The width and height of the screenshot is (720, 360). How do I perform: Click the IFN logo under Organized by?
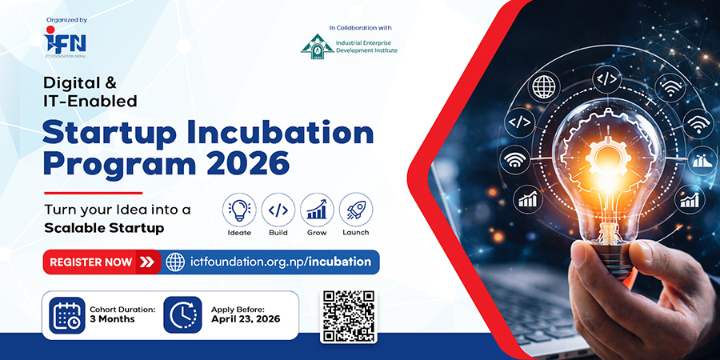tap(66, 41)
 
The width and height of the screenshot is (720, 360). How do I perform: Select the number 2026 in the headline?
tap(253, 164)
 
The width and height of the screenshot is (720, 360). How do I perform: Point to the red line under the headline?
tap(94, 193)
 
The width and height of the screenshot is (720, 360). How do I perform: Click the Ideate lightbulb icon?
tap(239, 210)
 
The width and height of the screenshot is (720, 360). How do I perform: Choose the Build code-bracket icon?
tap(278, 210)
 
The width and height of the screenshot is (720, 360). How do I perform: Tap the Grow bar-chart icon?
tap(317, 210)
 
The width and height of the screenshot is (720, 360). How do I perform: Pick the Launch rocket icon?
tap(356, 210)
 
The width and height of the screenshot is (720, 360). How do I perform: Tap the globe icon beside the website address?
tap(175, 262)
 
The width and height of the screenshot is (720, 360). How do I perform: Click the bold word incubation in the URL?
tap(340, 262)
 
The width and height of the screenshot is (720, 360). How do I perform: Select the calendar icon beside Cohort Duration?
tap(67, 315)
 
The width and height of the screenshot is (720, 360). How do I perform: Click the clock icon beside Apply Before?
tap(182, 315)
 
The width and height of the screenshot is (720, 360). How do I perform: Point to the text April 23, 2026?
tap(246, 319)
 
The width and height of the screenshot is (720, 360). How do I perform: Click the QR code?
tap(349, 316)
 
